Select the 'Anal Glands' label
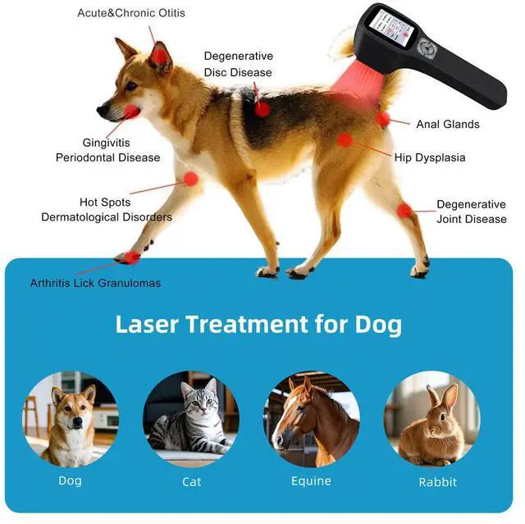click(x=447, y=125)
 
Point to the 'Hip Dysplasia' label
click(x=429, y=157)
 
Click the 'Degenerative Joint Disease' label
click(x=471, y=212)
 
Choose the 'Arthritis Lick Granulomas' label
click(x=95, y=283)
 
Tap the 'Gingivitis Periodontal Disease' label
click(x=107, y=150)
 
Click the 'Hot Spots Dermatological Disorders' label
click(x=107, y=210)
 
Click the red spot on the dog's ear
click(x=159, y=56)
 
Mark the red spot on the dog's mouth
click(x=131, y=112)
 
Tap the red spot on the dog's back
click(x=262, y=108)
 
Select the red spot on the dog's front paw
click(x=130, y=257)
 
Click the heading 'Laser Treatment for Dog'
click(x=258, y=325)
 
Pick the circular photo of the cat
click(x=190, y=418)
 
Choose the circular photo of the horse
click(x=311, y=418)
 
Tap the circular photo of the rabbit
click(x=431, y=418)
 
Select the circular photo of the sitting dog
click(x=71, y=418)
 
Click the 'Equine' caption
click(x=311, y=481)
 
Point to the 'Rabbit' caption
click(x=437, y=482)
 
